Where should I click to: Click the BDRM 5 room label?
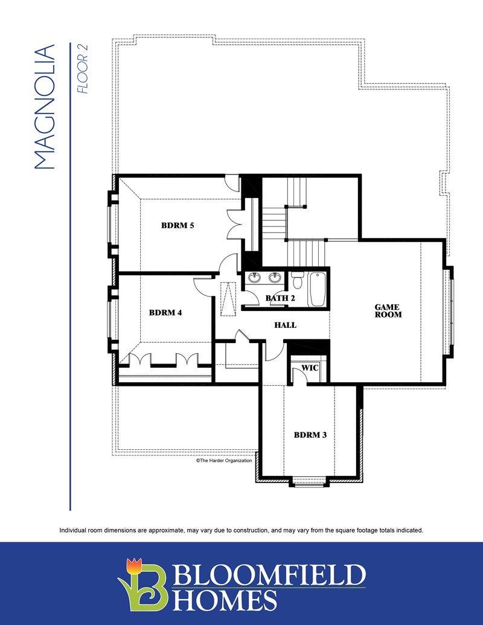click(178, 226)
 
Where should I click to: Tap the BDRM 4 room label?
click(165, 313)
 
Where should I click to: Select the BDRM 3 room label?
click(310, 435)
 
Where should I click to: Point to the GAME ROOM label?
click(388, 311)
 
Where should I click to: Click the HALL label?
click(286, 325)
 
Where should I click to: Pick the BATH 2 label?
click(280, 298)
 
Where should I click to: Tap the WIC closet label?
click(310, 368)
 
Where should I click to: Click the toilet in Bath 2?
click(297, 280)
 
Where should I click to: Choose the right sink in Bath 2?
click(273, 277)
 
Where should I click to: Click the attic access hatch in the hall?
click(228, 299)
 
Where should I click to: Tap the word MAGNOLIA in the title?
click(44, 107)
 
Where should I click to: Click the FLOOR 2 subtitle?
click(83, 69)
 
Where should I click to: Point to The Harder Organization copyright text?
click(224, 460)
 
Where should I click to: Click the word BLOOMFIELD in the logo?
click(269, 574)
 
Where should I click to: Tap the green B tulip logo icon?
click(142, 585)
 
